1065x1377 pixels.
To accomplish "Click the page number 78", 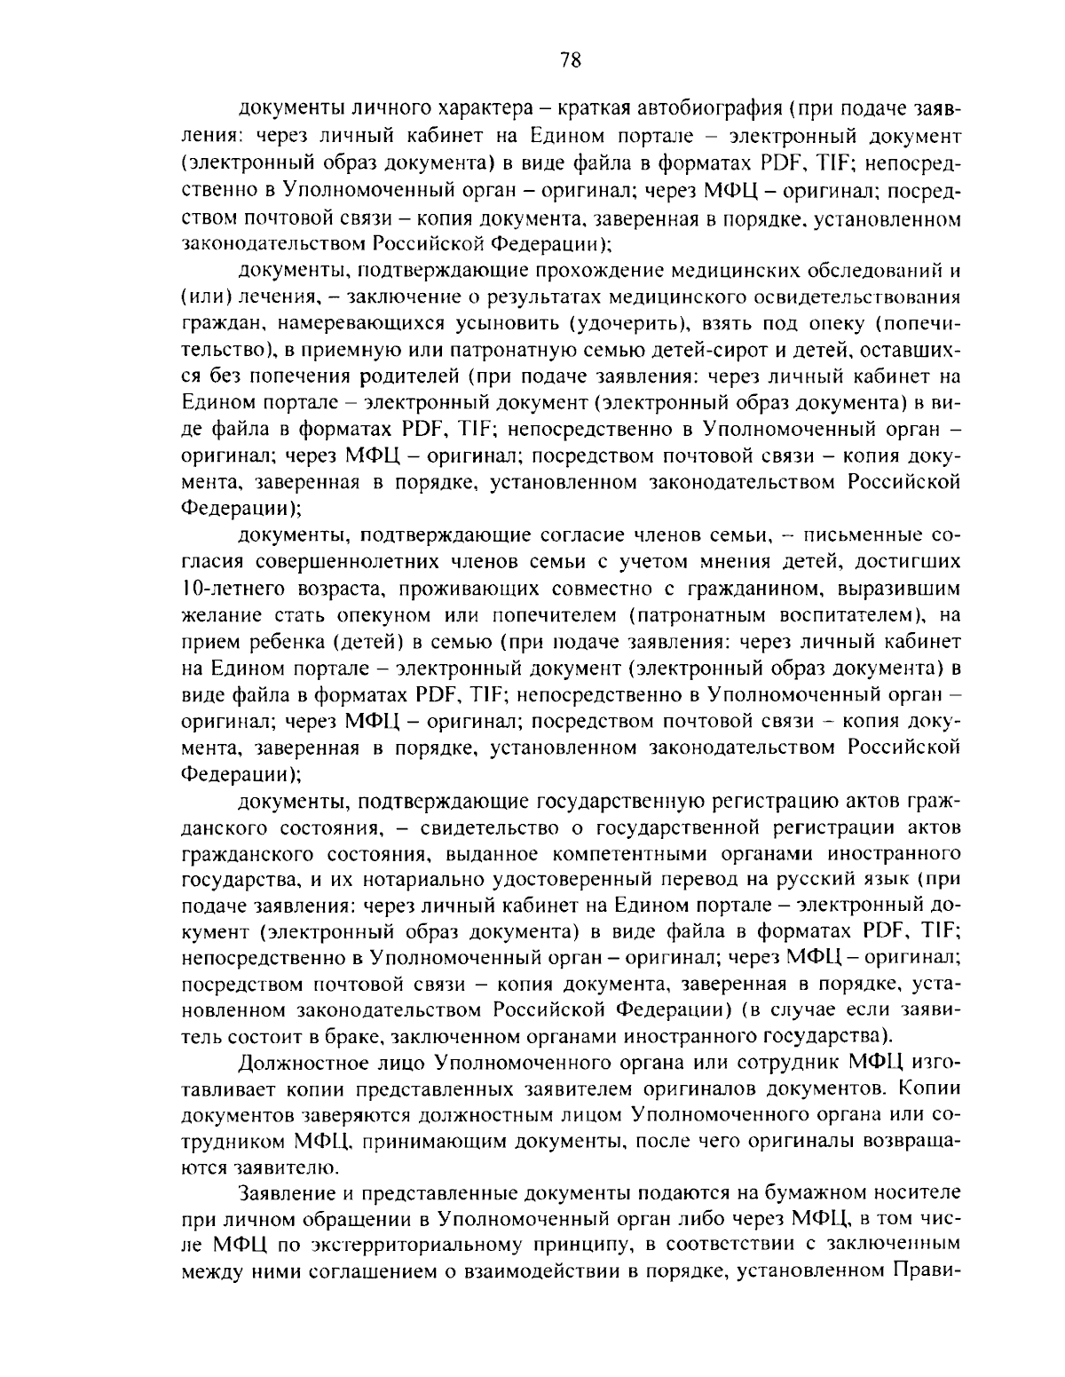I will pos(570,60).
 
